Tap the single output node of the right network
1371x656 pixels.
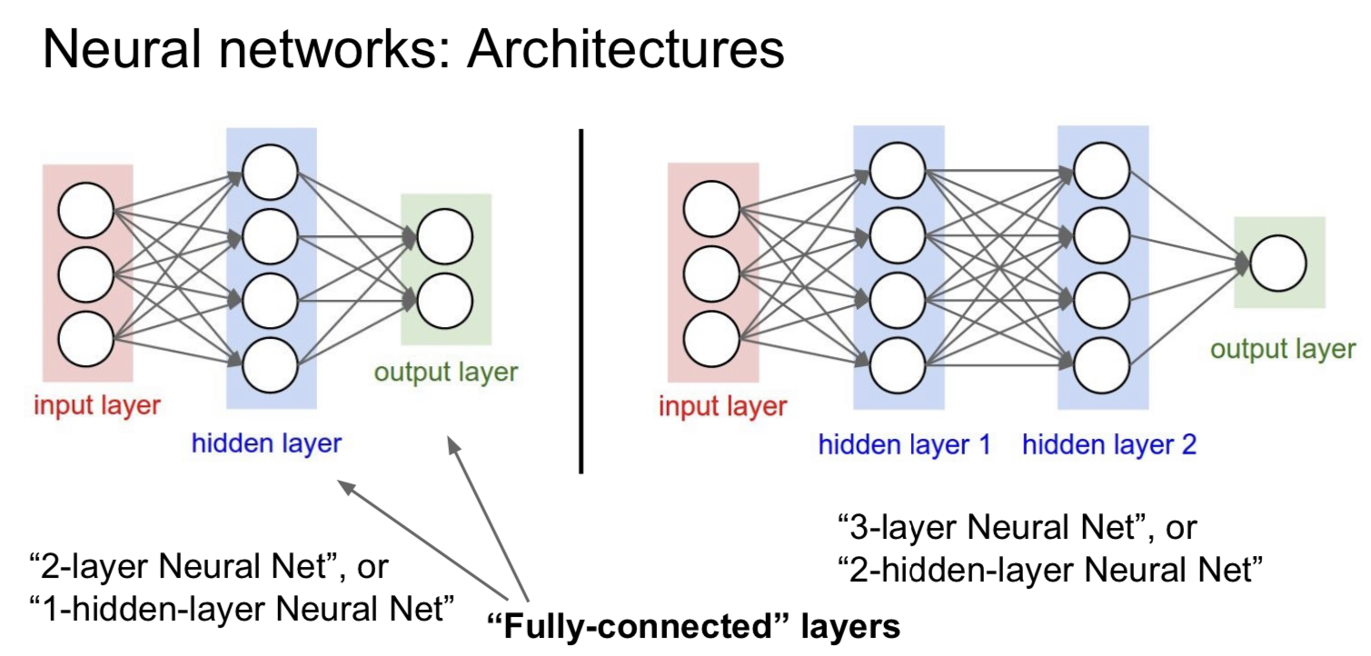click(x=1277, y=264)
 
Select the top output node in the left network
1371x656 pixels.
click(x=445, y=236)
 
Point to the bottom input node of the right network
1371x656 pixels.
click(x=711, y=339)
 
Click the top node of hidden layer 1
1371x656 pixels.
click(x=898, y=170)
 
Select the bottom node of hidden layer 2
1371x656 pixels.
click(x=1102, y=363)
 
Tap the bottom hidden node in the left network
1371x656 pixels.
click(x=270, y=363)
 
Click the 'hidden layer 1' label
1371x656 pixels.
click(x=904, y=445)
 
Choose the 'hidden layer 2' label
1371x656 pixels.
click(x=1108, y=445)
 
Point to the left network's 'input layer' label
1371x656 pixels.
click(x=96, y=405)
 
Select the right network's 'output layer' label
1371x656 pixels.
click(x=1283, y=350)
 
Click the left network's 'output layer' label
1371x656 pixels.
click(x=445, y=373)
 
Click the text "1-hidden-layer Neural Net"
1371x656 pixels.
click(x=242, y=608)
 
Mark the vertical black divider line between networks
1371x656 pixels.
click(x=581, y=300)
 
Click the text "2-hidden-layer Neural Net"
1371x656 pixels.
click(x=1049, y=571)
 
